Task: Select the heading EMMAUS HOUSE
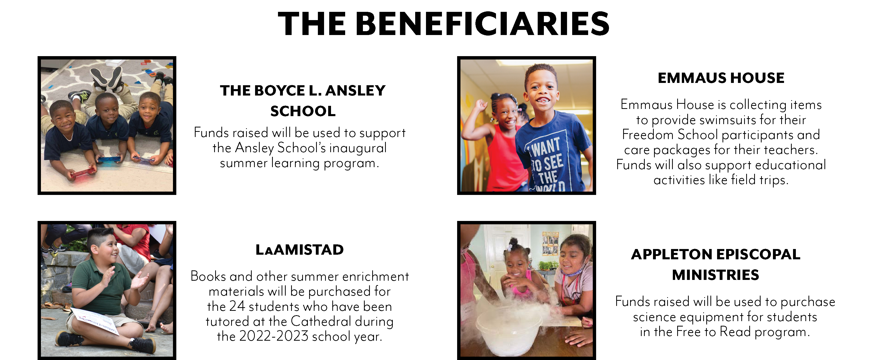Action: pos(721,78)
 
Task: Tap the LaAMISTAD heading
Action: pos(300,250)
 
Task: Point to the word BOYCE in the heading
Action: pos(280,91)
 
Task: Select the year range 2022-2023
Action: pos(274,336)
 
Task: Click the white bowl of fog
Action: pos(509,331)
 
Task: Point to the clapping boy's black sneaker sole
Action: pos(69,340)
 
